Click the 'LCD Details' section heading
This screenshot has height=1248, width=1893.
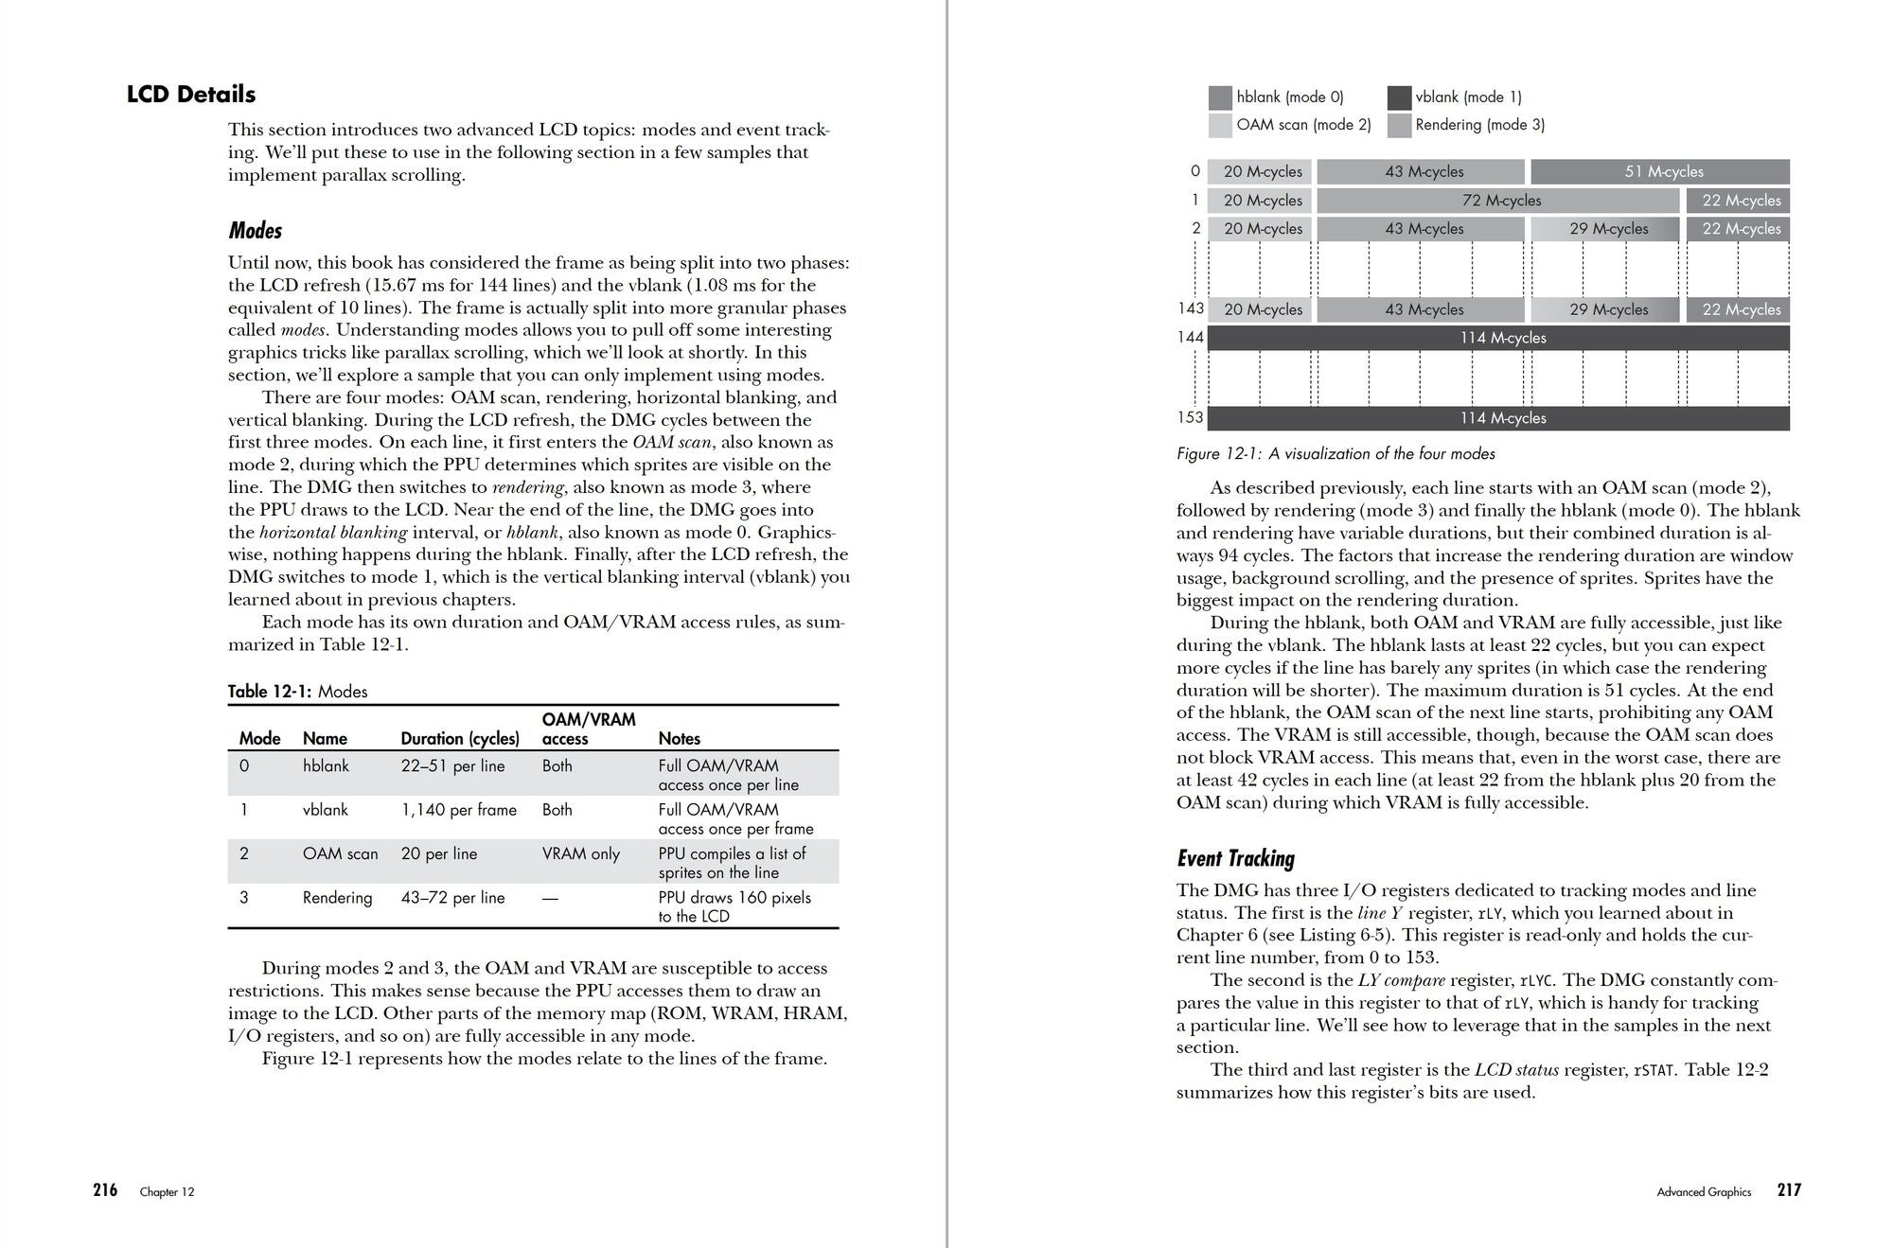[x=191, y=95]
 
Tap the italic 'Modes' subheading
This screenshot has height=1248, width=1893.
[x=256, y=231]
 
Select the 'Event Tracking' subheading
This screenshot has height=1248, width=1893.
[x=1235, y=858]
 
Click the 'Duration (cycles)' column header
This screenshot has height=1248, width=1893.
[x=460, y=738]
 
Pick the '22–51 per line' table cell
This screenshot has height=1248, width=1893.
[x=452, y=765]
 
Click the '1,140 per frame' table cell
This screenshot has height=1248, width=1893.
[x=458, y=810]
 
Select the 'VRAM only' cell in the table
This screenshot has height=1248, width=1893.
[x=580, y=853]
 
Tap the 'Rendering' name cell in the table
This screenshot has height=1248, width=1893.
[x=337, y=897]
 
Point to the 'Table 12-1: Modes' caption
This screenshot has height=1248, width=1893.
[x=297, y=692]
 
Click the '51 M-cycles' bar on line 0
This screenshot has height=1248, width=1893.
[x=1659, y=171]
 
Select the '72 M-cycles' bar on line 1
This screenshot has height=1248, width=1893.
[x=1498, y=201]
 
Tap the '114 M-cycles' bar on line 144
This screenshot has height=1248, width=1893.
[x=1498, y=338]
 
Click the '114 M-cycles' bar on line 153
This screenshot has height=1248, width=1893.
[x=1498, y=418]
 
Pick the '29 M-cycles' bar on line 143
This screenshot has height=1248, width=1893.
[x=1604, y=309]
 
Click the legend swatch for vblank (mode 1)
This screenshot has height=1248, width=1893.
[x=1399, y=97]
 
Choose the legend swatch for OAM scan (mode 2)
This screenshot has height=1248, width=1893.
[x=1220, y=125]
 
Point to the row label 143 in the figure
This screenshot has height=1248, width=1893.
[x=1191, y=308]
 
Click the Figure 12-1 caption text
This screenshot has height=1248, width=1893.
[x=1336, y=454]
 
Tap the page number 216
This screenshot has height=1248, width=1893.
[x=105, y=1190]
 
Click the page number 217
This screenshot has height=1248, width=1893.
[x=1789, y=1190]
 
